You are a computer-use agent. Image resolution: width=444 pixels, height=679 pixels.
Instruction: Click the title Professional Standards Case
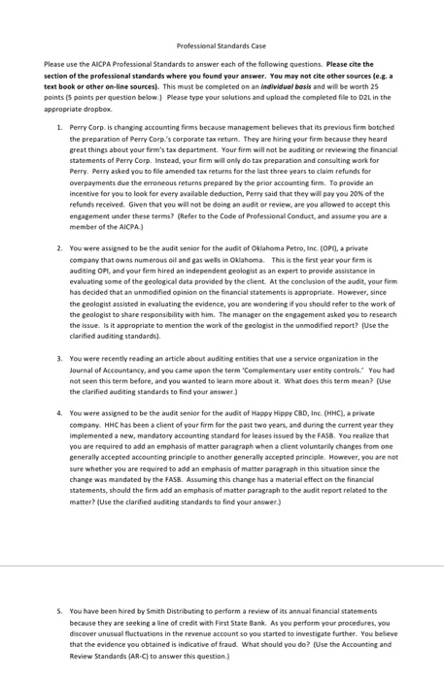[x=222, y=46]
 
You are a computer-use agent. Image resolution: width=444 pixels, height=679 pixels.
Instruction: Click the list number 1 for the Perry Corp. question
[x=59, y=129]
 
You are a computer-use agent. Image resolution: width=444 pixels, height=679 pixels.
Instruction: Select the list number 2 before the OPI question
[x=59, y=247]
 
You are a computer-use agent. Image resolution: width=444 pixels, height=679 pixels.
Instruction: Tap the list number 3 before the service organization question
[x=59, y=356]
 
